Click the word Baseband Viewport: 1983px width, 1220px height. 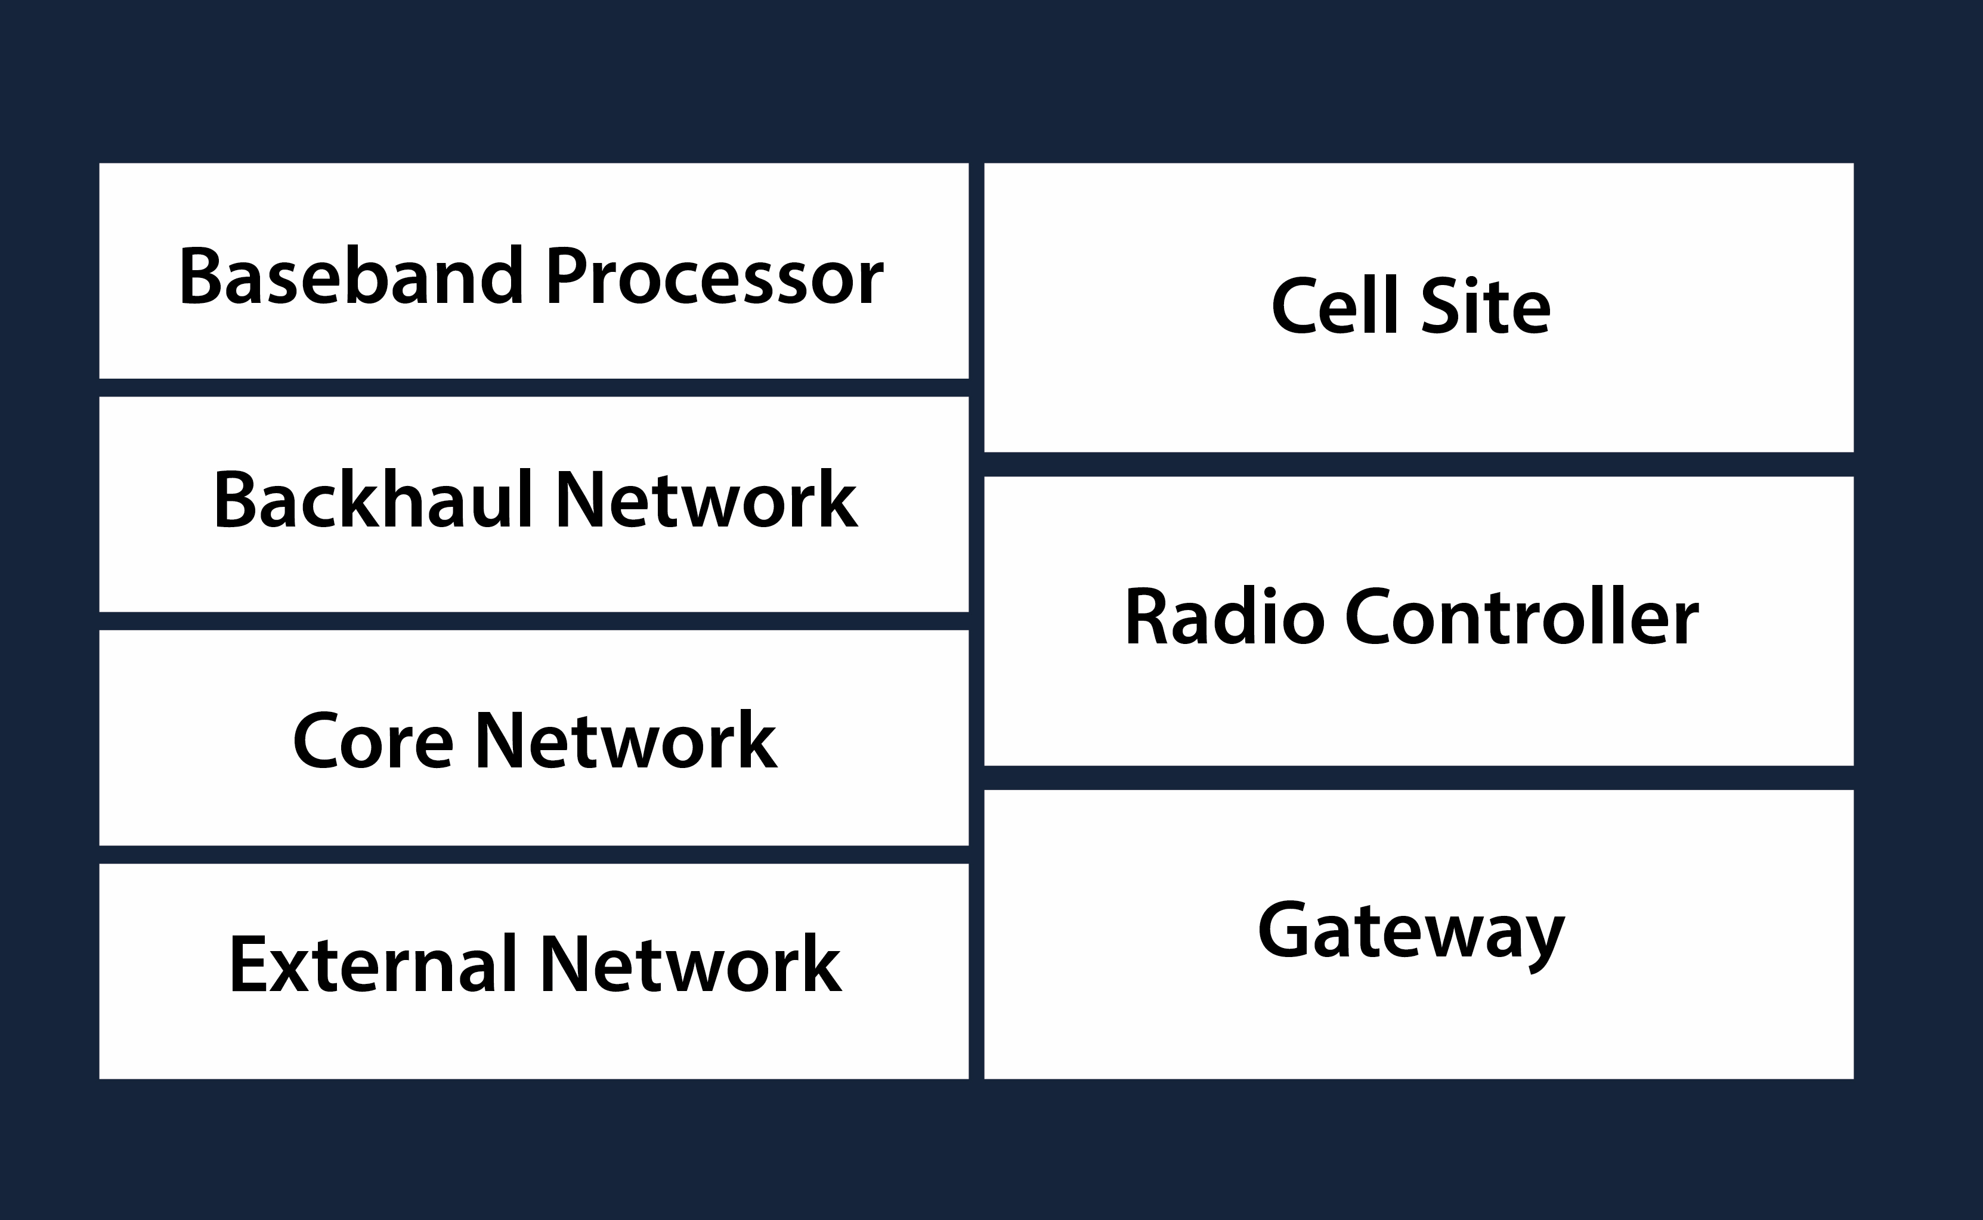point(352,275)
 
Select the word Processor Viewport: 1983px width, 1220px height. point(715,275)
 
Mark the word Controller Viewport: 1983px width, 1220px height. point(1522,617)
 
